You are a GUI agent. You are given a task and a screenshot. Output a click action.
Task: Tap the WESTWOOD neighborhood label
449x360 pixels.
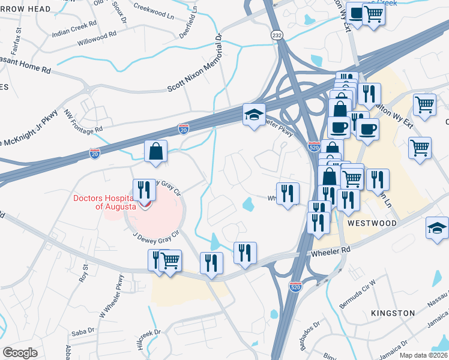(371, 223)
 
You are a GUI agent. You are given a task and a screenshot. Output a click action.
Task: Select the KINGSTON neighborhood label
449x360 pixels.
(393, 313)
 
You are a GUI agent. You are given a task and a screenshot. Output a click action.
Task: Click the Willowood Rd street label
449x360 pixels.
(97, 40)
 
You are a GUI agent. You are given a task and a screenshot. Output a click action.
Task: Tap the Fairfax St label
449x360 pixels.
(18, 38)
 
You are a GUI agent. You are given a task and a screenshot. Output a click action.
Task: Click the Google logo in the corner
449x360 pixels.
(20, 352)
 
